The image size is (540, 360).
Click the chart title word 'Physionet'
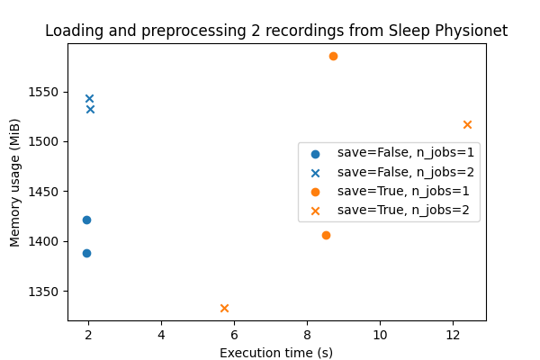473,31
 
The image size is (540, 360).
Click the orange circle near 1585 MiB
333,56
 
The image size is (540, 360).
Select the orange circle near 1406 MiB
326,235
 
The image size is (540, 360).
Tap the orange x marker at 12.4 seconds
467,124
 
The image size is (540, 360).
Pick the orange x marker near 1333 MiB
224,308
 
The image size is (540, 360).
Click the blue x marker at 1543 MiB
89,98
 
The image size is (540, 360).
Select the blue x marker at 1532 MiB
90,109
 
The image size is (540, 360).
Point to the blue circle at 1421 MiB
86,220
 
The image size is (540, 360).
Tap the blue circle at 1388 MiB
86,253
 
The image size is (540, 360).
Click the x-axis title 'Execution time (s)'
276,352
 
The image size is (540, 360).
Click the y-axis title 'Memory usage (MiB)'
15,182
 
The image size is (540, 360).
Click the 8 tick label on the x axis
307,335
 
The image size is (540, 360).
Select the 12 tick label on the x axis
453,335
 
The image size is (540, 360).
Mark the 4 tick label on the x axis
161,335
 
